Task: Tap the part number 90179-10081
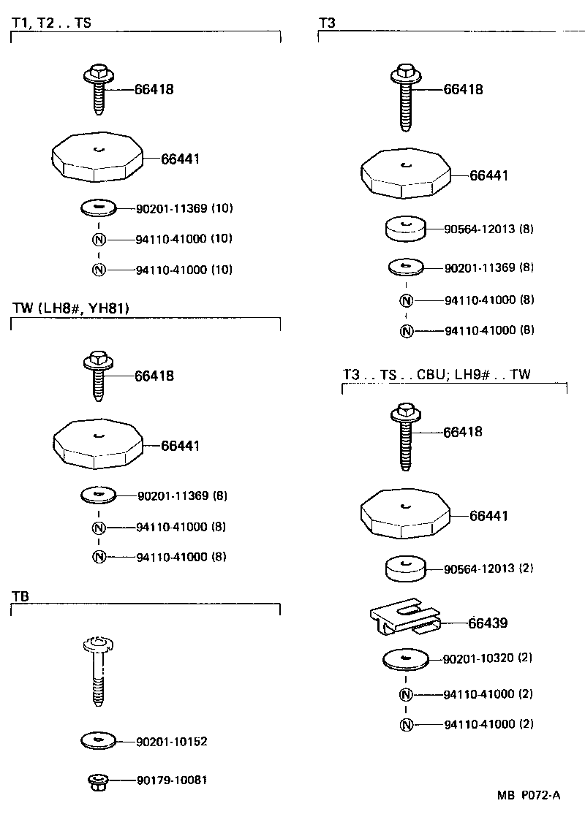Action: pos(172,780)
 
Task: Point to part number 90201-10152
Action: pos(172,742)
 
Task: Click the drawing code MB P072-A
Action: pos(529,796)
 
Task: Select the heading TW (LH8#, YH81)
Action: pos(71,308)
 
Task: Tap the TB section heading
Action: pos(20,596)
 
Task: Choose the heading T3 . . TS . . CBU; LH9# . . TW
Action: pos(437,374)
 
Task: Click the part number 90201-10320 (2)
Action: pos(488,658)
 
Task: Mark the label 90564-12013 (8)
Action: pos(488,229)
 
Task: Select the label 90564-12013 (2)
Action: pos(488,568)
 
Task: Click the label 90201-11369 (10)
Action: pos(184,208)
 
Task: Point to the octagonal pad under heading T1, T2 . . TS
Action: pos(96,156)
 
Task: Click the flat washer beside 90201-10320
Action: pos(406,659)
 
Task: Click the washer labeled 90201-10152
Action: pos(99,741)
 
